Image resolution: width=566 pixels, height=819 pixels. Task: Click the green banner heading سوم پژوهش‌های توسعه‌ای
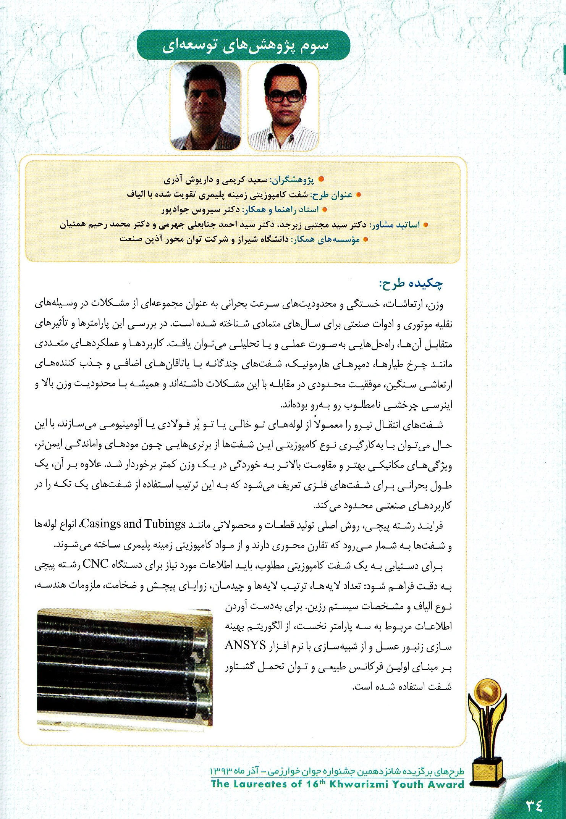(x=243, y=45)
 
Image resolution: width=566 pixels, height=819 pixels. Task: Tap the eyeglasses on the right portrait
(x=285, y=96)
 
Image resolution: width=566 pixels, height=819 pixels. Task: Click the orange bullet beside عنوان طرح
(x=358, y=195)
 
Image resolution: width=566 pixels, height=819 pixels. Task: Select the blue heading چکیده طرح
(x=411, y=283)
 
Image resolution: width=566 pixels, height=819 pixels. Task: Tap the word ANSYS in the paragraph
(x=246, y=645)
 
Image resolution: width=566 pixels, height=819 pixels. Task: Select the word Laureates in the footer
(x=264, y=784)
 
